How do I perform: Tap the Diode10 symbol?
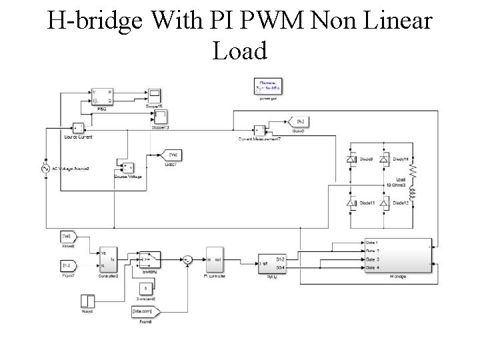[x=385, y=159]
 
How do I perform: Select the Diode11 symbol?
[x=353, y=202]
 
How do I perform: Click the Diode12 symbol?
[x=385, y=202]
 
